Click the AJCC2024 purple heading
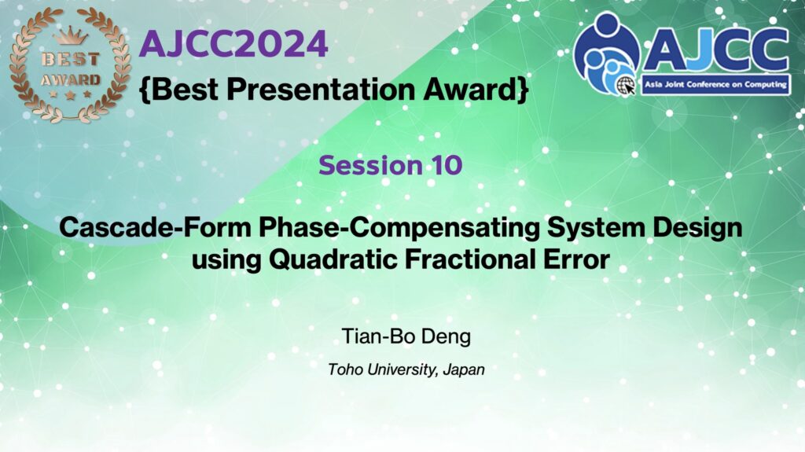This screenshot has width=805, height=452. click(x=233, y=44)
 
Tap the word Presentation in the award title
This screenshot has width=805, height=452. click(x=321, y=90)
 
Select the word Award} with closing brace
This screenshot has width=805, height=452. click(x=476, y=90)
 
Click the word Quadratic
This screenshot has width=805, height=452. click(x=333, y=259)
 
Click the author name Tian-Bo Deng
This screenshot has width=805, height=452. click(x=406, y=337)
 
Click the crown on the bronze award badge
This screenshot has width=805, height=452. click(x=70, y=36)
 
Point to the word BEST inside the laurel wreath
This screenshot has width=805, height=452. click(x=70, y=60)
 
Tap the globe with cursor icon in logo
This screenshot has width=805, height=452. click(x=625, y=86)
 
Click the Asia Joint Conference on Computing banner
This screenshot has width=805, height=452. click(x=715, y=85)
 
